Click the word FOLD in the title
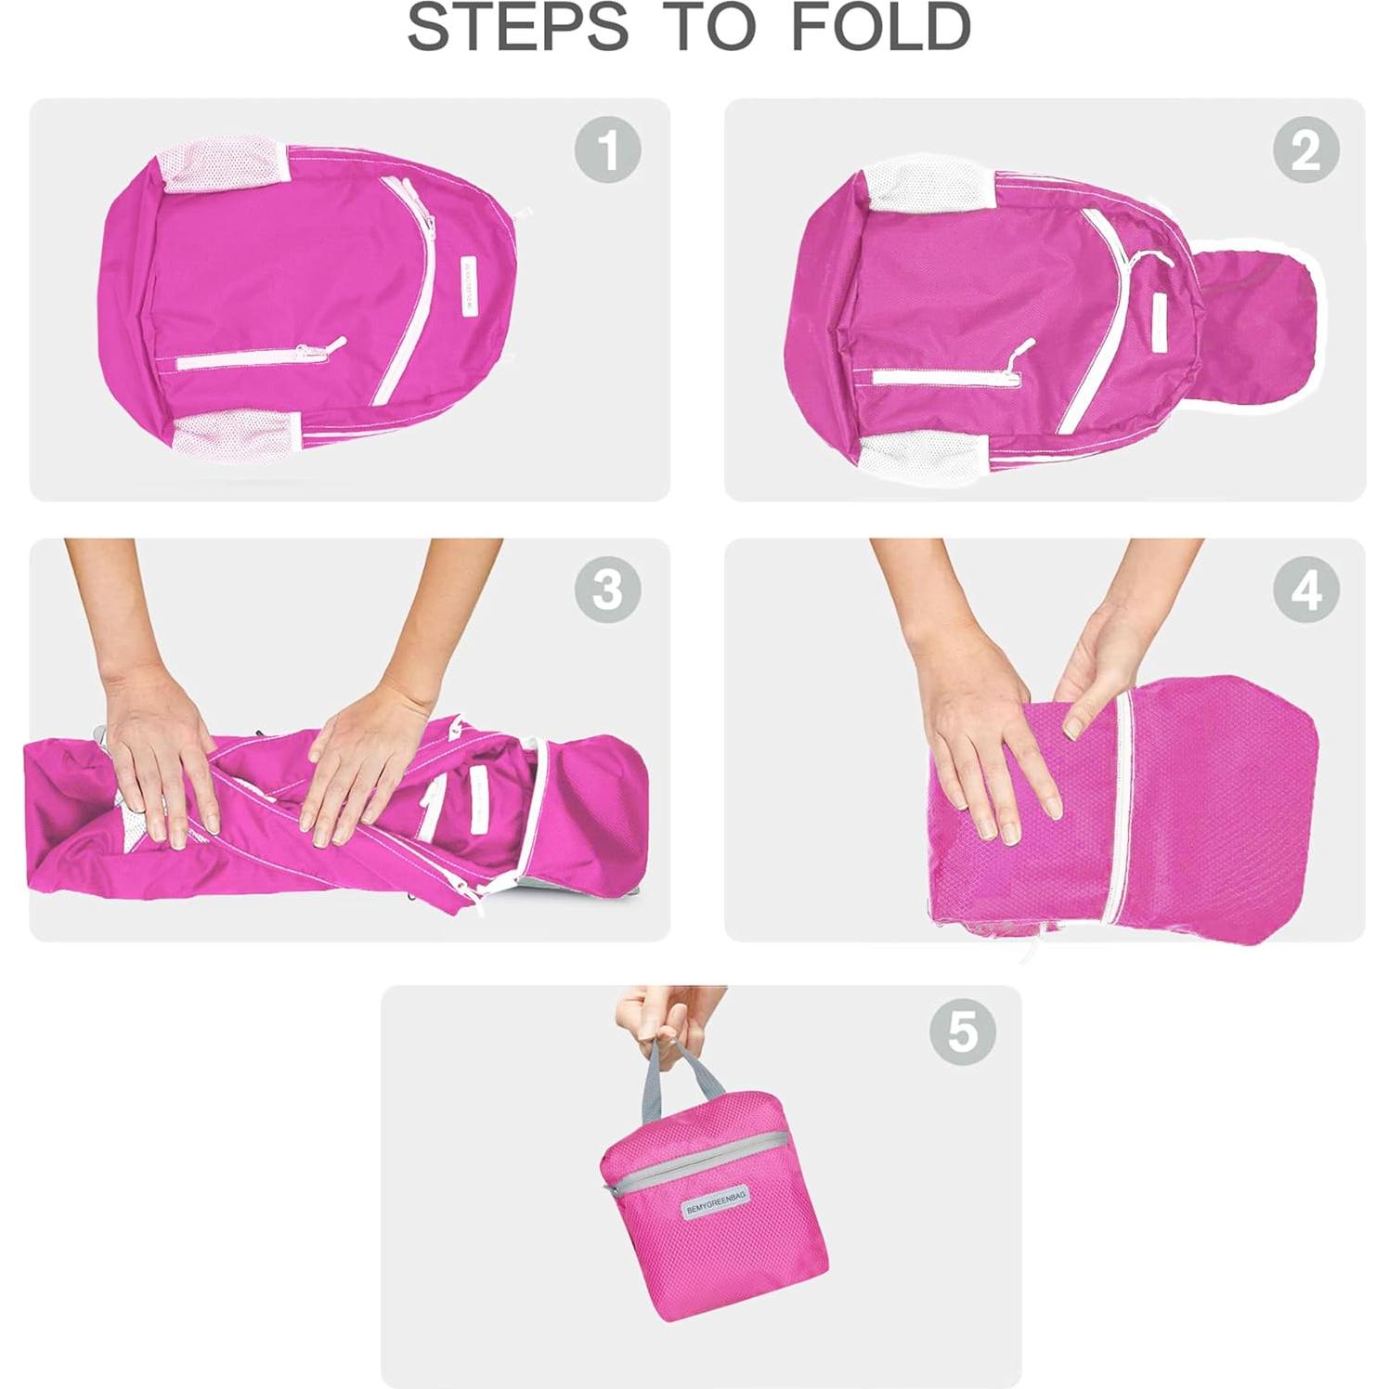click(x=879, y=27)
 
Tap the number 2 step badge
click(x=1305, y=149)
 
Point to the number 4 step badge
click(x=1305, y=589)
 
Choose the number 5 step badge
click(x=961, y=1031)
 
